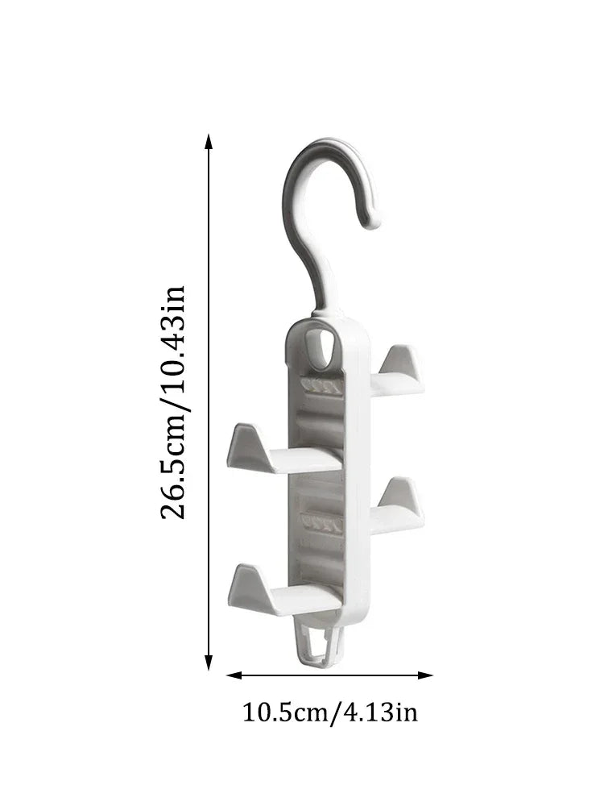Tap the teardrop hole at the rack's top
(325, 345)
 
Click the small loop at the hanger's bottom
(319, 645)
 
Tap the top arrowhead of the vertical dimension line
(209, 143)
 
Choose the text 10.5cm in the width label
(283, 713)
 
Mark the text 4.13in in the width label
(379, 713)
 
